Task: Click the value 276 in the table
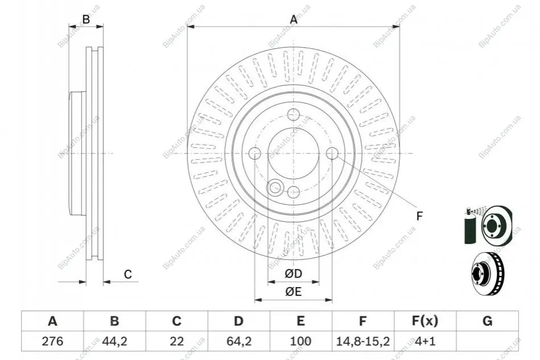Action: (52, 341)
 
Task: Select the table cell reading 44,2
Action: (115, 341)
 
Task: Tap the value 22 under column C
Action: (176, 341)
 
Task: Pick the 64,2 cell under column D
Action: (239, 341)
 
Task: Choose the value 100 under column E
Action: (300, 341)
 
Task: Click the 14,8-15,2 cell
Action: (363, 341)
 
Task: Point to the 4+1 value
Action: (425, 341)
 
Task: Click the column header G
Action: (487, 321)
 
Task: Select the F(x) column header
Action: (425, 321)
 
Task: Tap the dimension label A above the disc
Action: (294, 19)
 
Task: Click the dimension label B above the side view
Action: (86, 19)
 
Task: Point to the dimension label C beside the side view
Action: (128, 274)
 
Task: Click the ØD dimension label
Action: (294, 274)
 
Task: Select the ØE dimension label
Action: (294, 292)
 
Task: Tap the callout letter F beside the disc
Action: (419, 216)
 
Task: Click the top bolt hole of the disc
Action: (294, 115)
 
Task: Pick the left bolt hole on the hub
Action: (255, 153)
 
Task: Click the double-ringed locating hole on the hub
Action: (275, 188)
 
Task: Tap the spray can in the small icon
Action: (469, 226)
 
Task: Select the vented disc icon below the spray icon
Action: (487, 274)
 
